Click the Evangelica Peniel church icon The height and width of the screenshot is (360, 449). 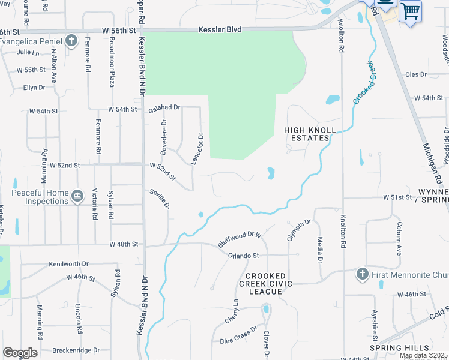71,41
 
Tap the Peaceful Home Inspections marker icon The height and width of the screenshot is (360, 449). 77,196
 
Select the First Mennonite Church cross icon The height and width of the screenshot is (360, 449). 361,274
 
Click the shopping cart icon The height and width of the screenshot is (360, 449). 410,10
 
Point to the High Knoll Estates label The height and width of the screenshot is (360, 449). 306,133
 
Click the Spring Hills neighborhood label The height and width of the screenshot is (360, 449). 399,348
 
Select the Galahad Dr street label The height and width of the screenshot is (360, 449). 164,107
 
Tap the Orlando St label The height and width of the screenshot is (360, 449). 243,256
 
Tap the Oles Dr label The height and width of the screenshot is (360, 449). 415,74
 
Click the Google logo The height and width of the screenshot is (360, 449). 20,353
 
